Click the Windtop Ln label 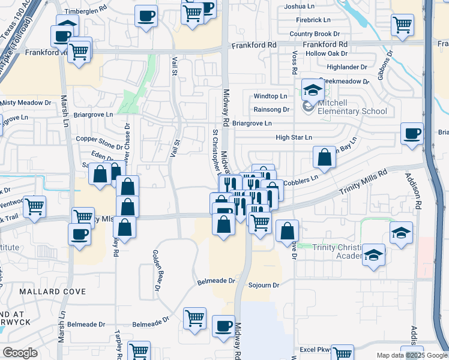coord(270,96)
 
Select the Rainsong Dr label coord(272,109)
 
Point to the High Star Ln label coord(294,137)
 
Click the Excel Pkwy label coord(316,349)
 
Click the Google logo coord(20,353)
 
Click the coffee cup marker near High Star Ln coord(412,134)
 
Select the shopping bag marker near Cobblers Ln coord(324,158)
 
